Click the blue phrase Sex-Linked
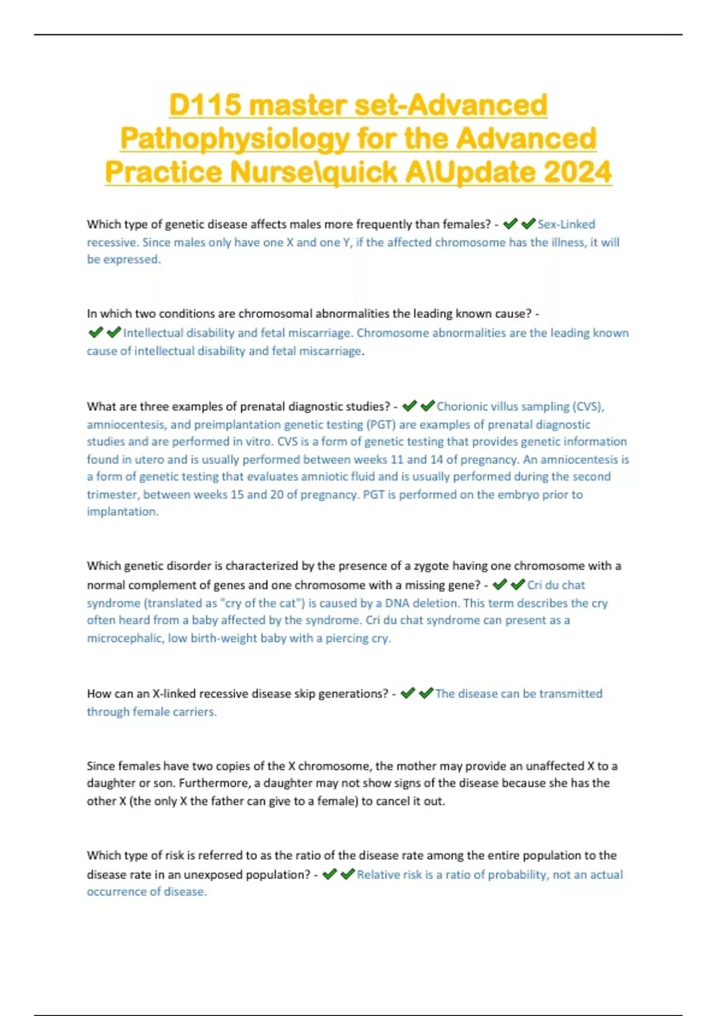pyautogui.click(x=566, y=224)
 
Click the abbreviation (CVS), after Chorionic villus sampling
pyautogui.click(x=588, y=406)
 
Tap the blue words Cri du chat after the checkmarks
pyautogui.click(x=556, y=584)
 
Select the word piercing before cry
pyautogui.click(x=345, y=638)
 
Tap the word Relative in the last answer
pyautogui.click(x=378, y=874)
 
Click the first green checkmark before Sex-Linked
pyautogui.click(x=510, y=224)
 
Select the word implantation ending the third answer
pyautogui.click(x=122, y=512)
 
